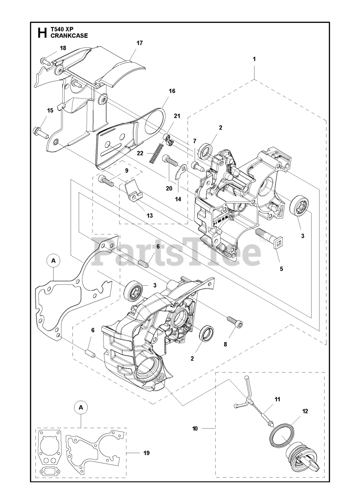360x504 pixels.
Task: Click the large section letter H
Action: point(42,33)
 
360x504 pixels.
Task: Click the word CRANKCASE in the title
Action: point(69,35)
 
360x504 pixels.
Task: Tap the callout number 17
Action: point(139,43)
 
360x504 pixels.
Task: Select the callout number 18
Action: point(63,48)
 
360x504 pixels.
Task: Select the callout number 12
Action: point(305,411)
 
